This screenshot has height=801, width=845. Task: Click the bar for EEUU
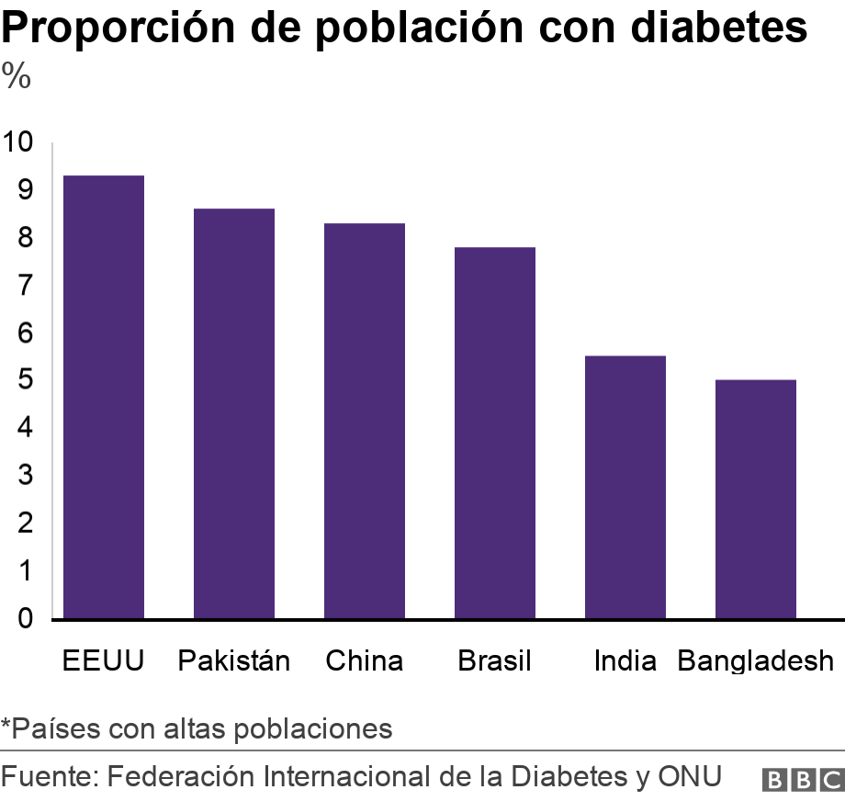tap(103, 397)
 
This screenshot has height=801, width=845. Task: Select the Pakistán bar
tap(233, 413)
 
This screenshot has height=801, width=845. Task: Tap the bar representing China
tap(364, 421)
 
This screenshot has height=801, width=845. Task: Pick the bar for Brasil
tap(494, 433)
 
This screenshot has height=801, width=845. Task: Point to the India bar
tap(625, 487)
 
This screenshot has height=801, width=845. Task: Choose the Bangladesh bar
tap(755, 499)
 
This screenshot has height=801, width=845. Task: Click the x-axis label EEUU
tap(103, 660)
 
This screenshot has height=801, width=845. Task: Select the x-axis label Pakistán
tap(233, 660)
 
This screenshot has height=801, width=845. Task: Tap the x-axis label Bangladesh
tap(755, 660)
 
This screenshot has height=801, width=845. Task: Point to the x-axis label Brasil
tap(494, 660)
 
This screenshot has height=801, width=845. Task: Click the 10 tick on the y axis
tap(17, 142)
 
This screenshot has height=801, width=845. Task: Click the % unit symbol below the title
tap(17, 77)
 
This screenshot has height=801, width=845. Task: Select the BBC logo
tap(803, 779)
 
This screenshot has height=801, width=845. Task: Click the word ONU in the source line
tap(690, 776)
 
